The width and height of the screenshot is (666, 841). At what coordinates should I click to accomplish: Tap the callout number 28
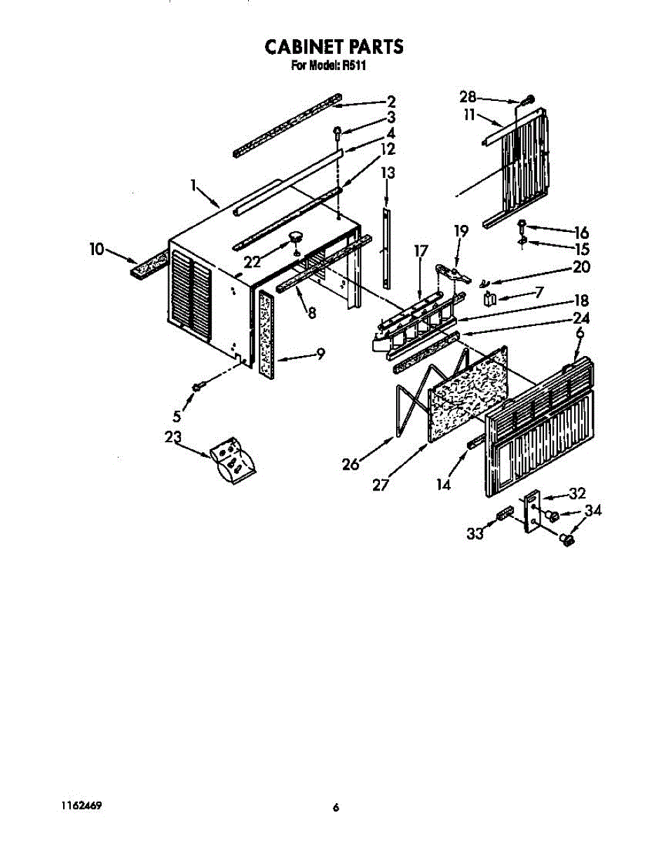(x=468, y=97)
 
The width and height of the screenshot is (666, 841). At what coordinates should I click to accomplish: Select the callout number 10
(x=97, y=248)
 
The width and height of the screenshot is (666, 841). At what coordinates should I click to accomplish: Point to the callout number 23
(x=173, y=437)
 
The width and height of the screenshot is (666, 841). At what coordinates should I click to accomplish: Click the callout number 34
(x=593, y=511)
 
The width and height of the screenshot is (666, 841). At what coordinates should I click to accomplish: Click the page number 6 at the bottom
(x=336, y=808)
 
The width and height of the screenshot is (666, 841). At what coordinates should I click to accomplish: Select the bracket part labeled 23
(x=233, y=461)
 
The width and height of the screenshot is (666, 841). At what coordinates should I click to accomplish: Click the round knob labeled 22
(x=294, y=235)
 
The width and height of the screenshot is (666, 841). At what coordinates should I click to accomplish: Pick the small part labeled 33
(x=503, y=516)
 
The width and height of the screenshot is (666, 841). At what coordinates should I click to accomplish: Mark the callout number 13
(x=388, y=173)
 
